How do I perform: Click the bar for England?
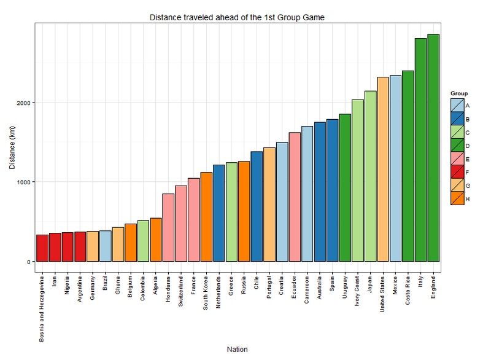[x=433, y=147]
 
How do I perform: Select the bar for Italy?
[x=420, y=150]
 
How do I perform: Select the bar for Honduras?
[x=168, y=227]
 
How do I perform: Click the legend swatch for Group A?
[x=457, y=106]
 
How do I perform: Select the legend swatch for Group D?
[x=457, y=146]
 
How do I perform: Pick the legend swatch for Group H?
[x=457, y=198]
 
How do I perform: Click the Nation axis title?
[x=237, y=349]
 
